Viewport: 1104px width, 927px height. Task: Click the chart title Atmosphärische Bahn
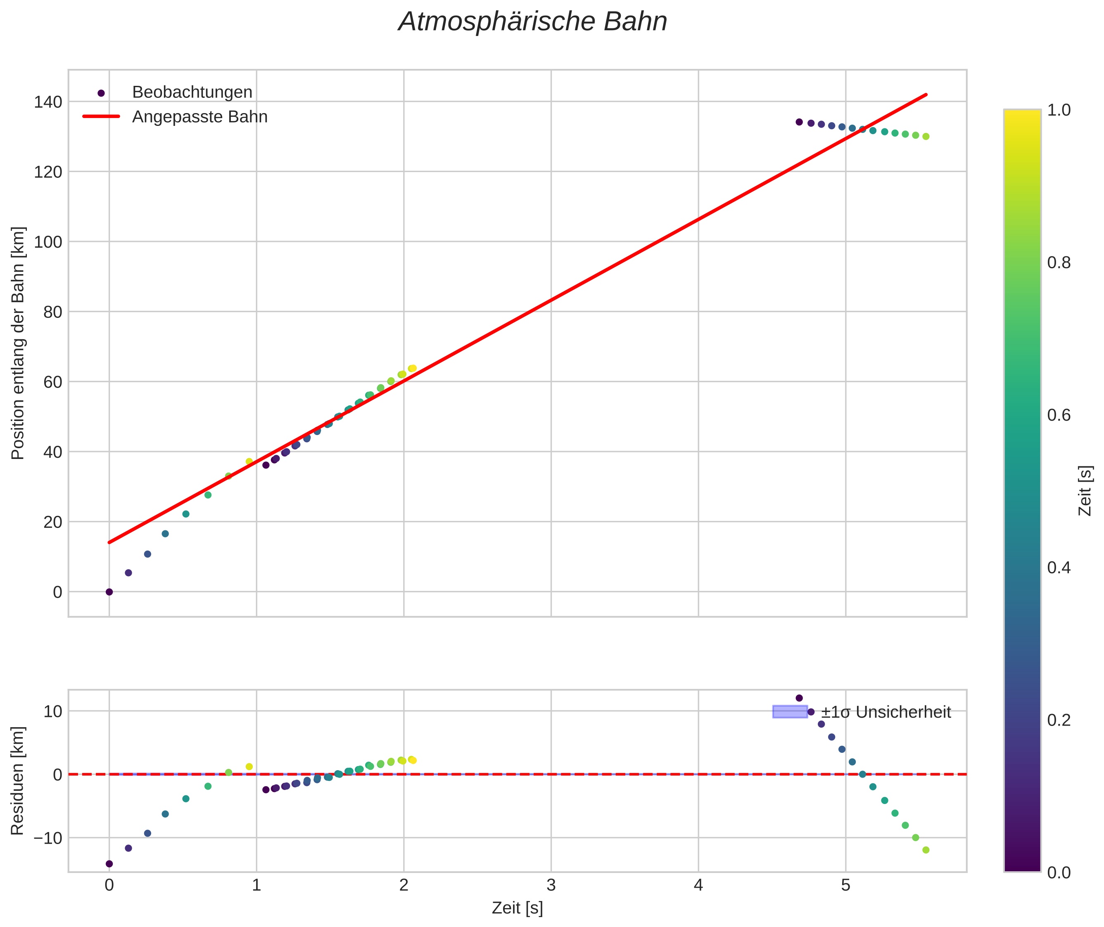tap(532, 22)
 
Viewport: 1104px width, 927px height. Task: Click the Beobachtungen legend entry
tap(192, 92)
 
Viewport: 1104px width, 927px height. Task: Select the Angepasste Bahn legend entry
tap(199, 117)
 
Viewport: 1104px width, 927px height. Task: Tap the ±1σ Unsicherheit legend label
tap(886, 713)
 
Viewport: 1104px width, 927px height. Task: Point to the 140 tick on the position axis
tap(48, 102)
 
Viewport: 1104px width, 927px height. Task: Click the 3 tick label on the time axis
tap(551, 885)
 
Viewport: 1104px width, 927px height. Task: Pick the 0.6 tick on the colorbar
tap(1059, 415)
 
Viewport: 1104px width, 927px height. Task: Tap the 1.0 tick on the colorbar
tap(1059, 110)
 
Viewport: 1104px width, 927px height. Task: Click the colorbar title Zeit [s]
tap(1085, 490)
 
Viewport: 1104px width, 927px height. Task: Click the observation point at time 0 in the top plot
tap(109, 592)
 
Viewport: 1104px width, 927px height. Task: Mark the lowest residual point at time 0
tap(109, 863)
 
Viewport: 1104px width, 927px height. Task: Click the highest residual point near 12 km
tap(799, 698)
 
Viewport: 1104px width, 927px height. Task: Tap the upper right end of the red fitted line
tap(926, 95)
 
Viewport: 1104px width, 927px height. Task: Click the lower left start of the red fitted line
tap(109, 542)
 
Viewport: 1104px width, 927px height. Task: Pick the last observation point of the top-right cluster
tap(926, 137)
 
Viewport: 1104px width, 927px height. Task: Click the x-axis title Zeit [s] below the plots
tap(517, 908)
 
